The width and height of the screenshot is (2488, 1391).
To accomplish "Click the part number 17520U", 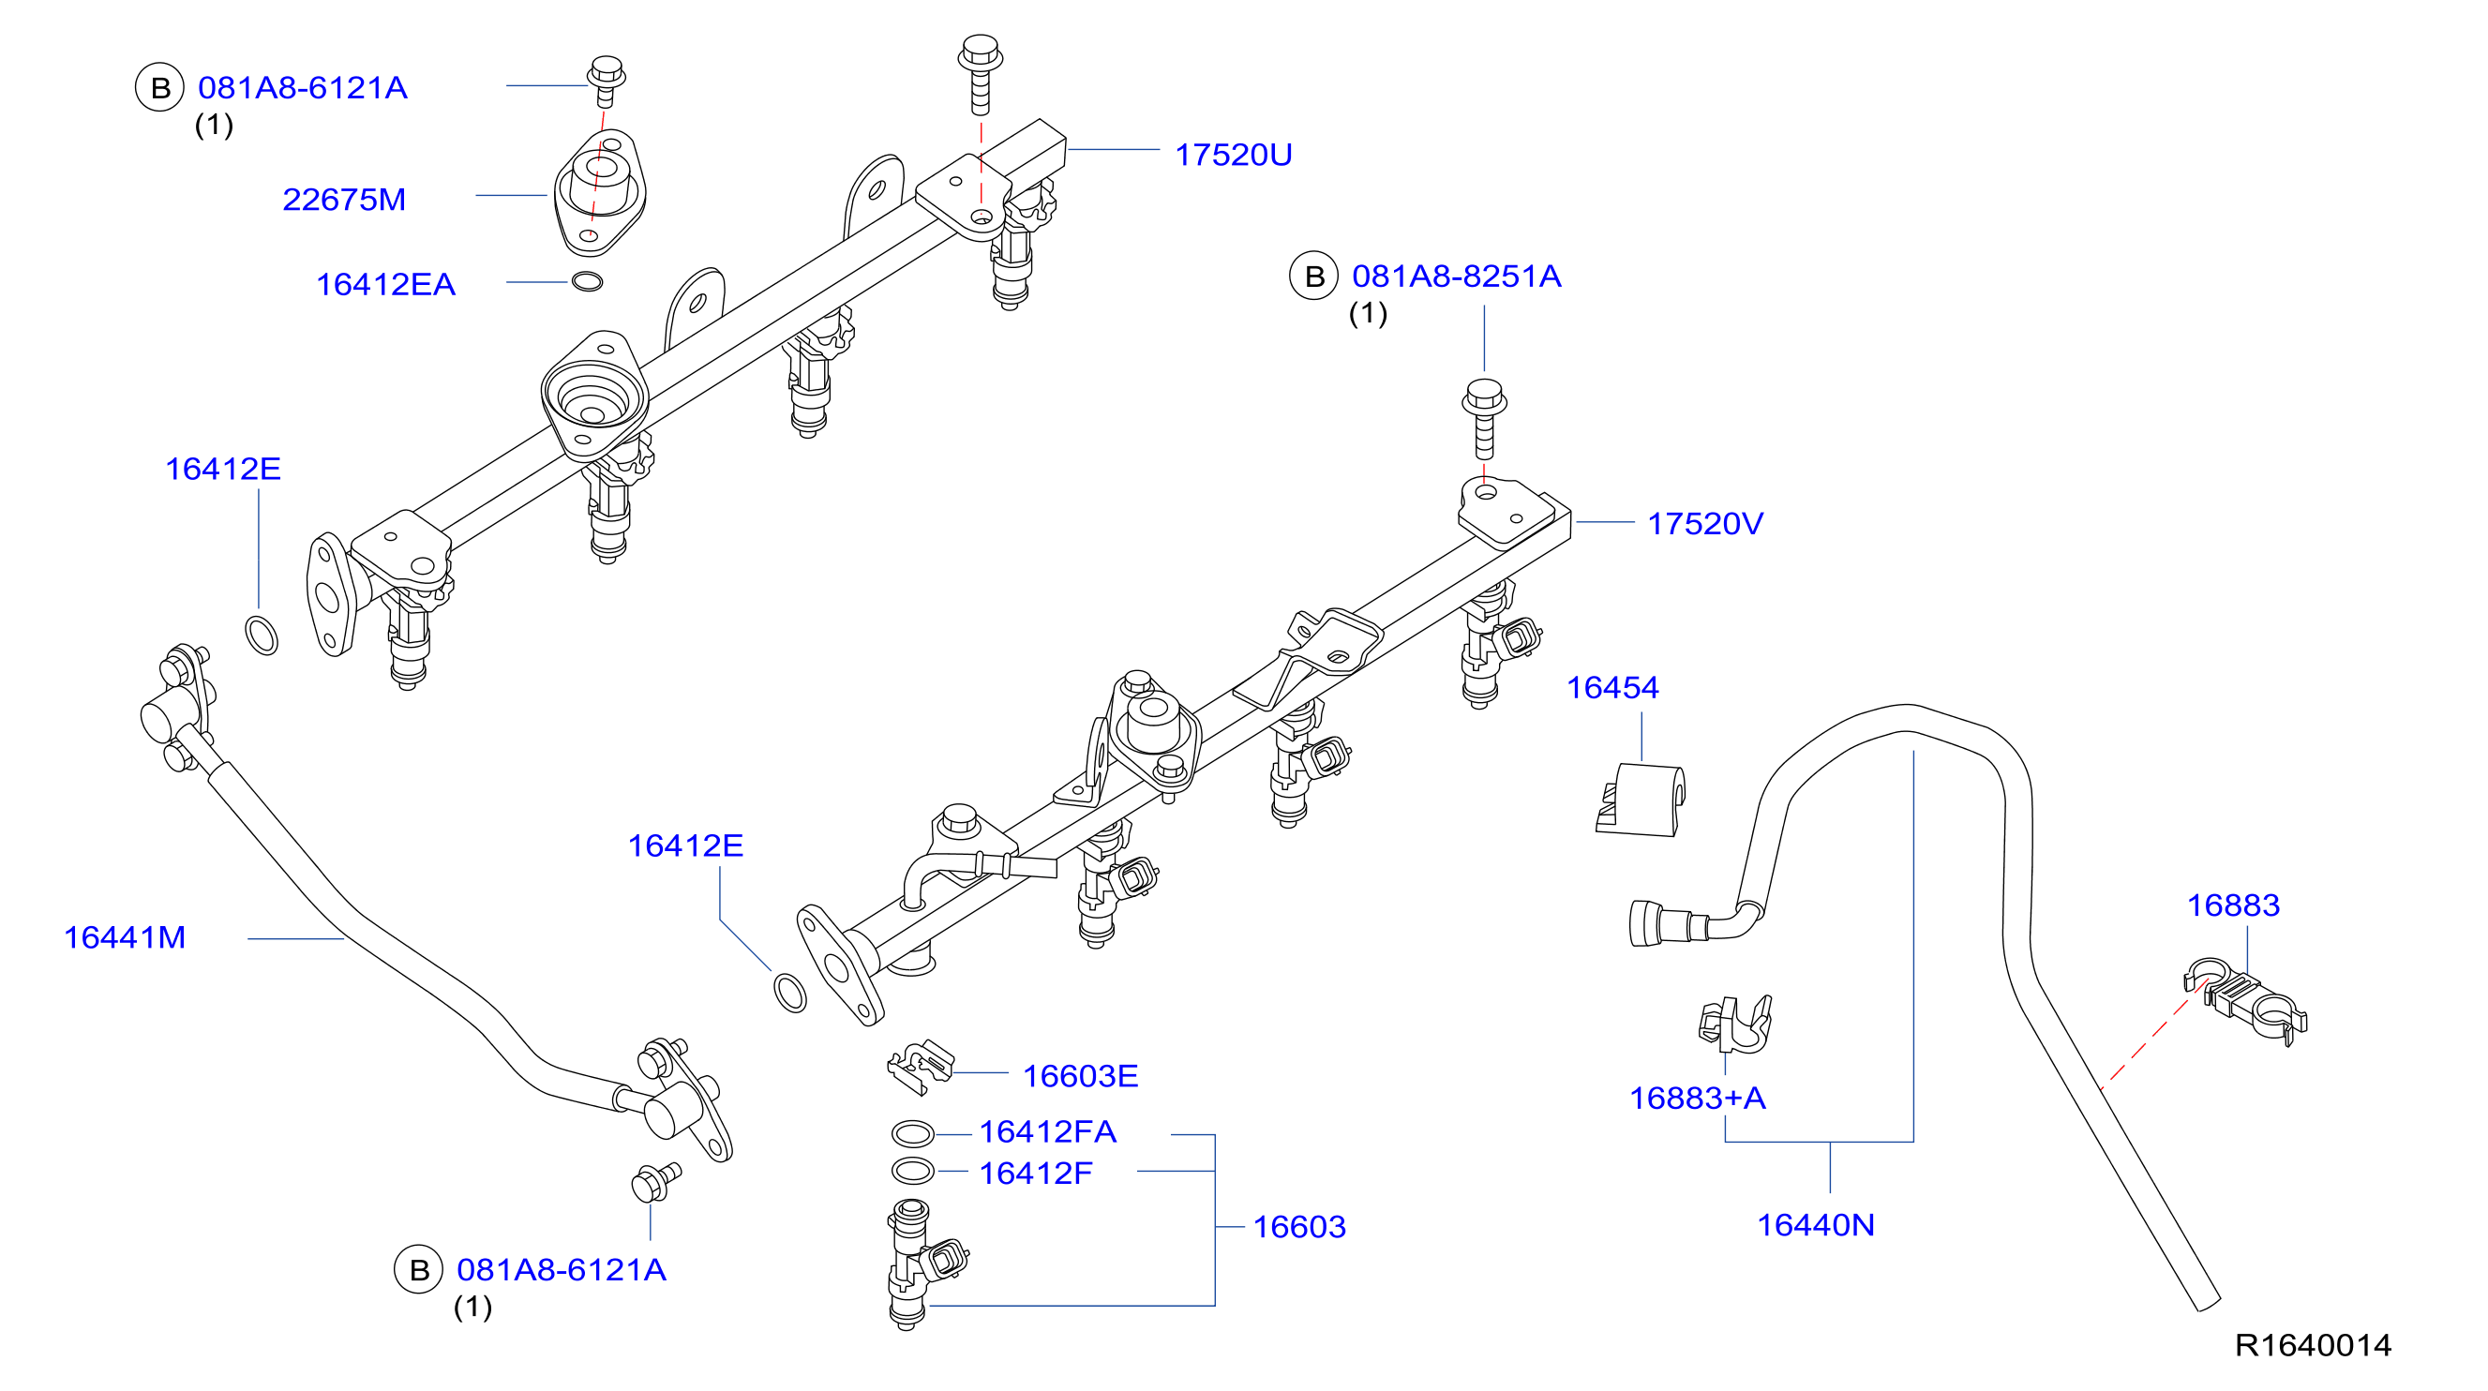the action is click(x=1233, y=155).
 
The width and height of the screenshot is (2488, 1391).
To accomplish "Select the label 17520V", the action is click(x=1704, y=524).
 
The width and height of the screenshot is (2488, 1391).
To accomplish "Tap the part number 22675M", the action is click(x=344, y=200).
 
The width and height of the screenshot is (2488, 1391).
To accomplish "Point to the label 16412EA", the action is click(x=385, y=285).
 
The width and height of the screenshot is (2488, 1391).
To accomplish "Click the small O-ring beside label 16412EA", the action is click(x=587, y=282).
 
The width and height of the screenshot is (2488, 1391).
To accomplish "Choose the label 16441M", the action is click(x=125, y=938).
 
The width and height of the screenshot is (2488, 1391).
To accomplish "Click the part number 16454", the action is click(x=1612, y=688).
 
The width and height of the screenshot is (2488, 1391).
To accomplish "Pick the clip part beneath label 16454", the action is click(x=1640, y=800).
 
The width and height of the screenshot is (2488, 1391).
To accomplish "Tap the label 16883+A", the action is click(x=1697, y=1099).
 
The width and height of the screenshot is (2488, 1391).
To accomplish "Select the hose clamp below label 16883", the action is click(x=2244, y=1003).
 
